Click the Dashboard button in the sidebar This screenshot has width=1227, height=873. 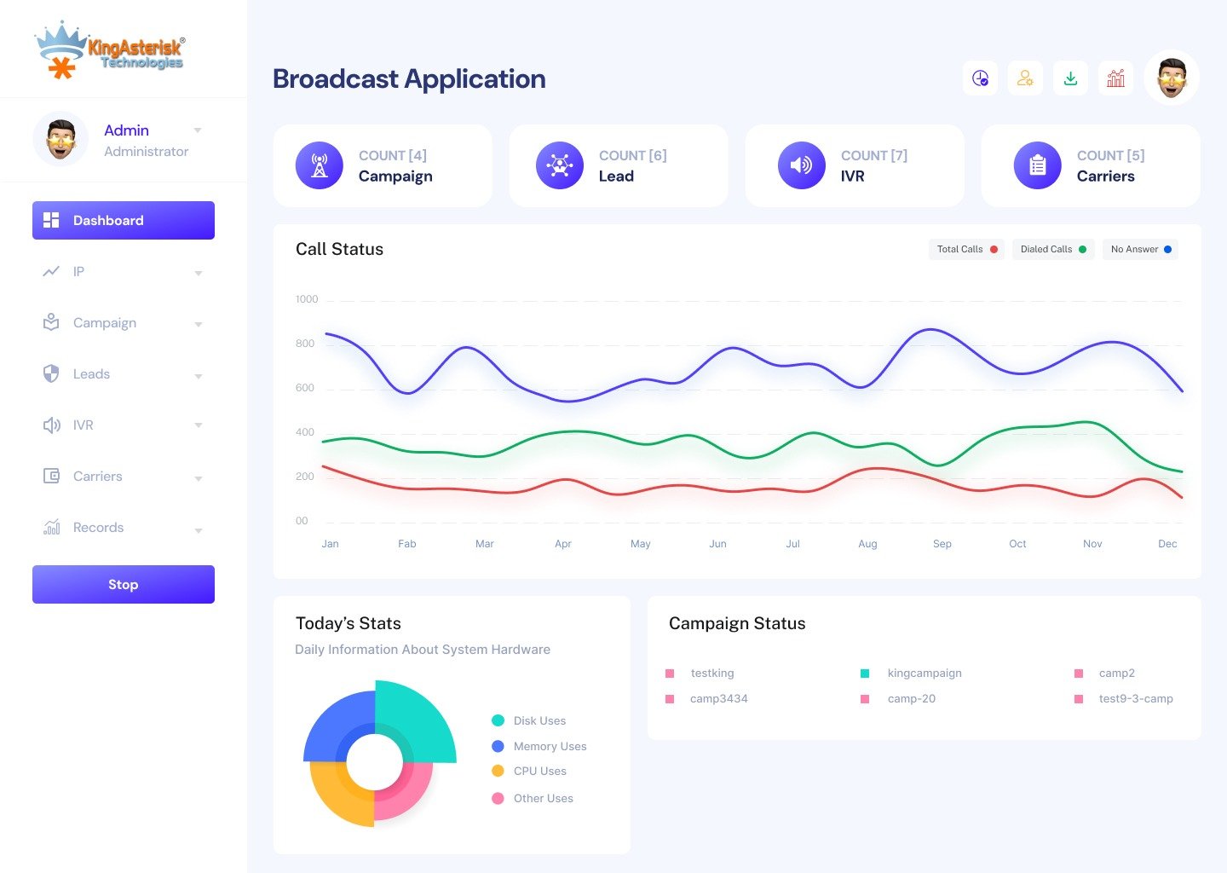coord(123,220)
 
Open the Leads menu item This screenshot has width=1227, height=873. coord(91,374)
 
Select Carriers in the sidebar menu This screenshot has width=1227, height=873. coord(97,477)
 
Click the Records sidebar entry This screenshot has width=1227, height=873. coord(98,528)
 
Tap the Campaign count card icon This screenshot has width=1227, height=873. coord(320,165)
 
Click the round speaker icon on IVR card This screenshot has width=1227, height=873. coord(801,165)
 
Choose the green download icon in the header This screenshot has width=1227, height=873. coord(1070,78)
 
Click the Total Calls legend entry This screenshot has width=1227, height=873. coord(966,250)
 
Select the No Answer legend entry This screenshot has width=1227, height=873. coord(1140,250)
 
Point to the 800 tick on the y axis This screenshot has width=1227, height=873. coord(305,344)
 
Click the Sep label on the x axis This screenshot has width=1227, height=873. coord(942,544)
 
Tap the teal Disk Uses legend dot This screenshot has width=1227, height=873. coord(498,720)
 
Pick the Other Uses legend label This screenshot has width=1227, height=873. coord(543,799)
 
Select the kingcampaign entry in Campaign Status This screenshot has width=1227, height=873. coord(924,674)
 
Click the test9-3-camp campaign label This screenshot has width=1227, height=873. coord(1135,699)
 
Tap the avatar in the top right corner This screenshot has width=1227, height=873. coord(1172,78)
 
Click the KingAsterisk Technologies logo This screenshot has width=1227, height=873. coord(109,49)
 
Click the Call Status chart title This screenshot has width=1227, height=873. coord(339,249)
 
